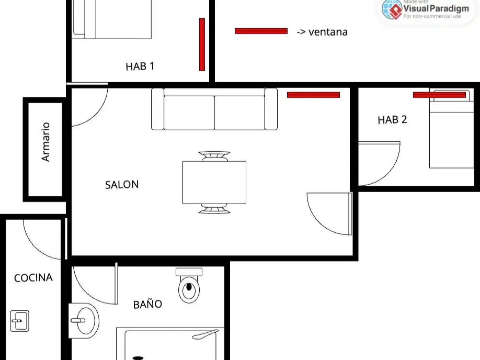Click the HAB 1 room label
(140, 66)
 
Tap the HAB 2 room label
(392, 120)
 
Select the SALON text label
(122, 185)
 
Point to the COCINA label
(33, 278)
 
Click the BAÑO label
(147, 303)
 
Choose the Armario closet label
(45, 142)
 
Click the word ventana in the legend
(328, 32)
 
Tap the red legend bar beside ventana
(261, 31)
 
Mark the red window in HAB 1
(202, 44)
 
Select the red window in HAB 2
(439, 95)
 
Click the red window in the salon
(314, 95)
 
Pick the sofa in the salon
(214, 109)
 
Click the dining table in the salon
(214, 182)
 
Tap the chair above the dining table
(214, 156)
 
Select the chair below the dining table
(214, 209)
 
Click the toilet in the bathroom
(189, 286)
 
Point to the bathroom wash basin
(84, 321)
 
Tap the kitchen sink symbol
(19, 321)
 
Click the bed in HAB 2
(452, 129)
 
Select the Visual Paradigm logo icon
(392, 9)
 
